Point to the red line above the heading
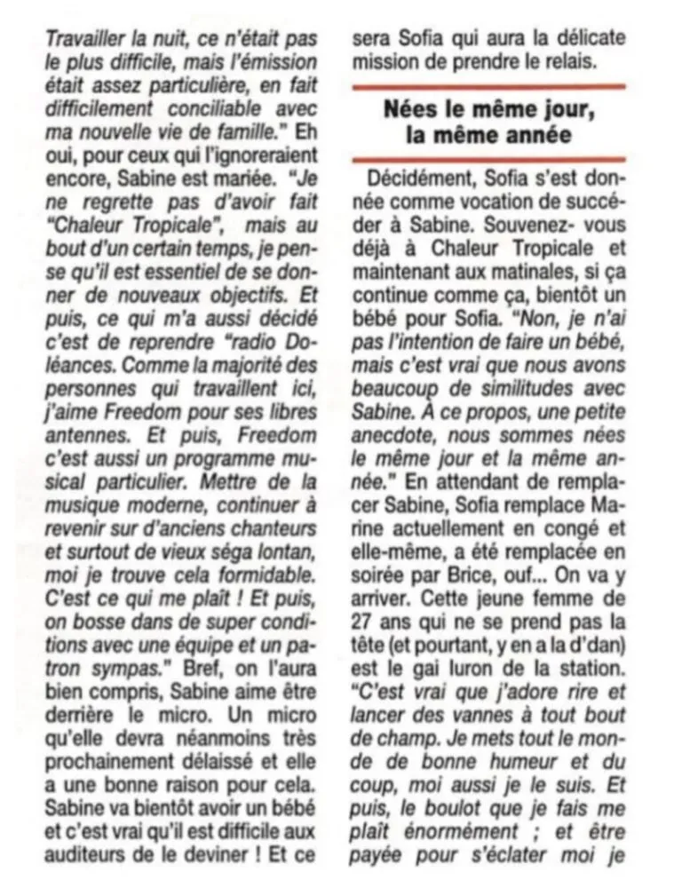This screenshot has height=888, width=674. coord(489,87)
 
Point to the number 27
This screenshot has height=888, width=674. coord(369,621)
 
